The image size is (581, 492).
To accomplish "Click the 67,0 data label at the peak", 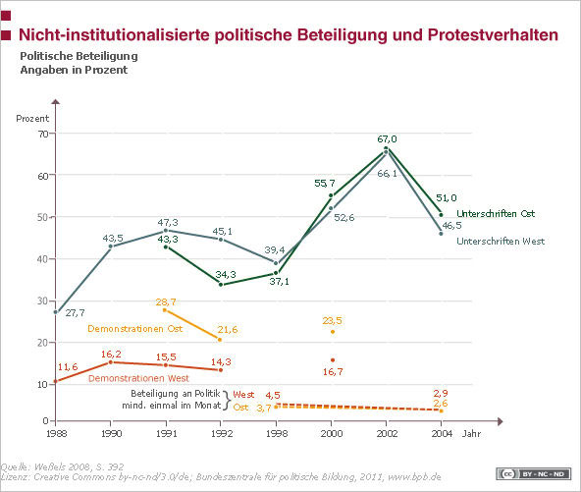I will (387, 139).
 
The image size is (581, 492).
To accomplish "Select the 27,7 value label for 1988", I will (75, 311).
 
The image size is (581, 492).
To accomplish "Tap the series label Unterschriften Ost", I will (496, 214).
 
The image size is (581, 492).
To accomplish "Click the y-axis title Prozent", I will (31, 118).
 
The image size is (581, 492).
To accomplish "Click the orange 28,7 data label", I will (166, 300).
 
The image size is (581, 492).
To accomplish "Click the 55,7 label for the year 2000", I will (325, 183).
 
